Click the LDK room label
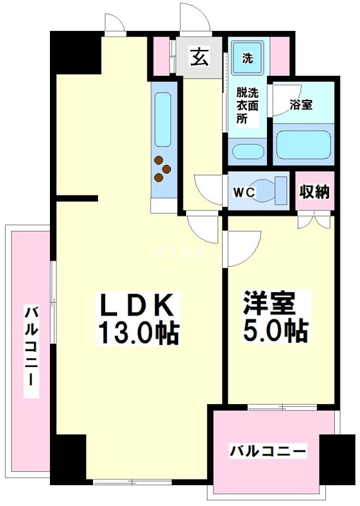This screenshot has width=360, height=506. coord(136,306)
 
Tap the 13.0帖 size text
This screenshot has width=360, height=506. coord(137,332)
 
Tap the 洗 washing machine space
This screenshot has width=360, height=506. coord(247,59)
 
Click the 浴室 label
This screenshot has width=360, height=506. coord(300,105)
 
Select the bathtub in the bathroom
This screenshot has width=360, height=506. coord(304,145)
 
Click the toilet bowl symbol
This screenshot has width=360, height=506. coord(276,190)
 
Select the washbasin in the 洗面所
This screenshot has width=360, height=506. coord(246,152)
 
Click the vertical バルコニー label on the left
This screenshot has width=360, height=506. coord(30,348)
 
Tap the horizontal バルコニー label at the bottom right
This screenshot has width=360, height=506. coord(268,452)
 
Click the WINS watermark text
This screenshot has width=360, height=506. coord(180,252)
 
